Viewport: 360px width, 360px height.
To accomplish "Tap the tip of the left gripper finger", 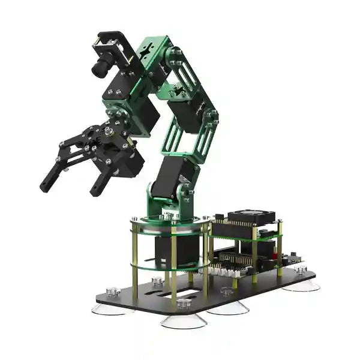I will click(45, 186).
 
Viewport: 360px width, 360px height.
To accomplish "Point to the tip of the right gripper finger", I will click(94, 192).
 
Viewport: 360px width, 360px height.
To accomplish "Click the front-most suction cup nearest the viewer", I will click(184, 320).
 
